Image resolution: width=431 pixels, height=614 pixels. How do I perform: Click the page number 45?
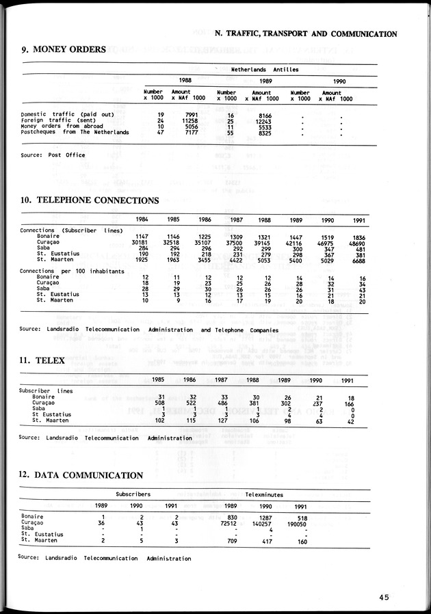383,597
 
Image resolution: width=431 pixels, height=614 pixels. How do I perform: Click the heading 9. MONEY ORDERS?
63,49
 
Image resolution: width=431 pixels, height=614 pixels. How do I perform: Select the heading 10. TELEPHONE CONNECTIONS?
90,200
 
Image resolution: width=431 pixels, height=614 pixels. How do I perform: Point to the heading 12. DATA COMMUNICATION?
81,475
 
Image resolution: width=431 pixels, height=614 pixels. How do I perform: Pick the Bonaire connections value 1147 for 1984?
141,237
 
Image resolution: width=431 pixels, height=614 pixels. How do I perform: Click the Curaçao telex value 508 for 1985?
158,403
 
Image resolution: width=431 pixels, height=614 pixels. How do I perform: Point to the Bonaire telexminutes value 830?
232,517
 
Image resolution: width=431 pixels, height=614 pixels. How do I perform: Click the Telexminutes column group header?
264,494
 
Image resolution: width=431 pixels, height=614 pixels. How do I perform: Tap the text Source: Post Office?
53,155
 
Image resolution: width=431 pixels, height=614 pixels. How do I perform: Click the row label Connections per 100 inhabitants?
72,271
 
